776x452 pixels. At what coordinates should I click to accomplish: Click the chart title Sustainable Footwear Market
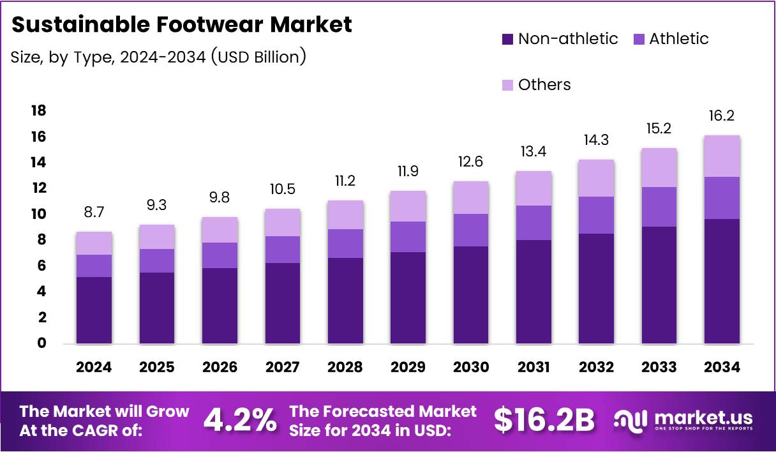tap(182, 25)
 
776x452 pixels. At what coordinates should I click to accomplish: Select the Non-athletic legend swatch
tap(507, 39)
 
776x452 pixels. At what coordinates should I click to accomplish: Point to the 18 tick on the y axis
tap(38, 111)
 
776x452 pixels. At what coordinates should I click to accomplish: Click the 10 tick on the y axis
tap(38, 214)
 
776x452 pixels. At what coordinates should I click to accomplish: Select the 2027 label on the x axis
tap(283, 367)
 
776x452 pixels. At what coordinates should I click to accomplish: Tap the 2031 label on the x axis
tap(533, 367)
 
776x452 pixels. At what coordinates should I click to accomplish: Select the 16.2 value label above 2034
tap(722, 116)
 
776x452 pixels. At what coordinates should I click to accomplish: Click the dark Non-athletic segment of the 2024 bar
tap(94, 310)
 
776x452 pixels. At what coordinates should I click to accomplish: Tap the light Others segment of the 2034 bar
tap(722, 156)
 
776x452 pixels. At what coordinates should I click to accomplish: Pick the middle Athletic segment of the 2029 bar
tap(408, 237)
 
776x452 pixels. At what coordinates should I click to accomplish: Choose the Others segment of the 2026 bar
tap(220, 230)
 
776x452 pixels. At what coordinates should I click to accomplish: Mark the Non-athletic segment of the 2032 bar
tap(596, 289)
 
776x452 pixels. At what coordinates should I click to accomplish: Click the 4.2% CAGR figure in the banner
tap(240, 421)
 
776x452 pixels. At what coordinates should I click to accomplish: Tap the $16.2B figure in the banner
tap(544, 421)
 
